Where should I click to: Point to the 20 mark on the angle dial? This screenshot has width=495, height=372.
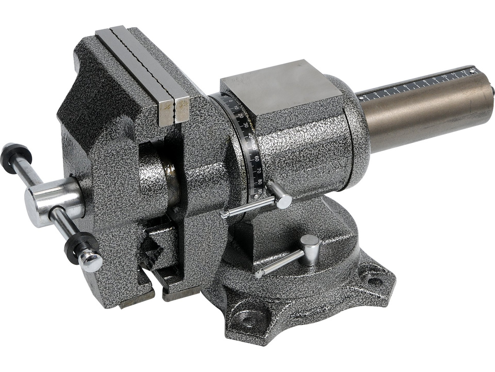tap(241, 116)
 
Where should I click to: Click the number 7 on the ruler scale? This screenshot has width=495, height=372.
tap(415, 84)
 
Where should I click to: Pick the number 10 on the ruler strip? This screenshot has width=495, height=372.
tap(444, 77)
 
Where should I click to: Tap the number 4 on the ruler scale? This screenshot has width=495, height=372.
tap(386, 91)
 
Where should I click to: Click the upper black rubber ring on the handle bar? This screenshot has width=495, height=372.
tap(15, 158)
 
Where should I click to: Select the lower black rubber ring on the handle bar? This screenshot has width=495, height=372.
tap(79, 246)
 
